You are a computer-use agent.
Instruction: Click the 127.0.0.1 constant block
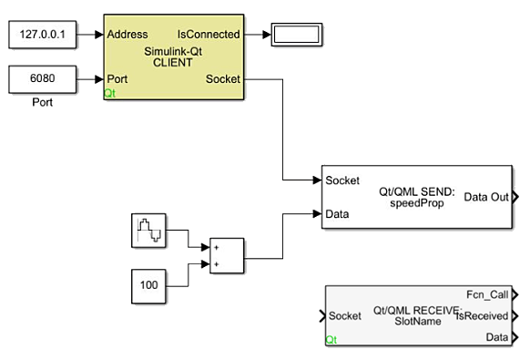[42, 35]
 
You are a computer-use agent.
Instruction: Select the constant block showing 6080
[42, 79]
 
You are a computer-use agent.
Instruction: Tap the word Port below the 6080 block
[42, 103]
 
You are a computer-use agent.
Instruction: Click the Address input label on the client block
[128, 35]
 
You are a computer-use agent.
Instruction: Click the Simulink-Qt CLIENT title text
[173, 57]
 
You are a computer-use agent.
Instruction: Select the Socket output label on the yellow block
[223, 79]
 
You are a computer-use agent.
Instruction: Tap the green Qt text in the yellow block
[110, 93]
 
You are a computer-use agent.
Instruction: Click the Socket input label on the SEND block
[342, 180]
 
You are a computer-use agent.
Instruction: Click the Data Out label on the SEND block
[486, 197]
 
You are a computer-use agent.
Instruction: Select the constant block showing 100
[148, 284]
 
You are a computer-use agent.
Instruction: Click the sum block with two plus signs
[227, 256]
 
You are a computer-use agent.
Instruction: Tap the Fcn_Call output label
[487, 294]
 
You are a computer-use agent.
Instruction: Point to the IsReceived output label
[486, 315]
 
